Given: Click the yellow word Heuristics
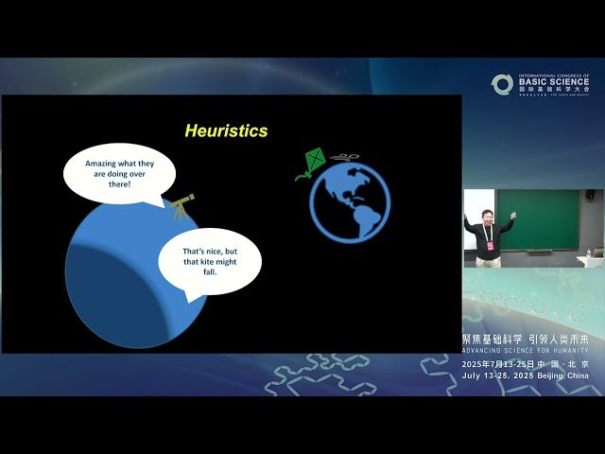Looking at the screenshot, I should pyautogui.click(x=226, y=131).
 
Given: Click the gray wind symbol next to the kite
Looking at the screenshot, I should pyautogui.click(x=346, y=157).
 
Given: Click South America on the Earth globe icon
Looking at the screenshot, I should pyautogui.click(x=363, y=215).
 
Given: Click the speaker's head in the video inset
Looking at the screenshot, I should pyautogui.click(x=487, y=216).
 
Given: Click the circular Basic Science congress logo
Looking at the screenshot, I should pyautogui.click(x=502, y=84).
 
